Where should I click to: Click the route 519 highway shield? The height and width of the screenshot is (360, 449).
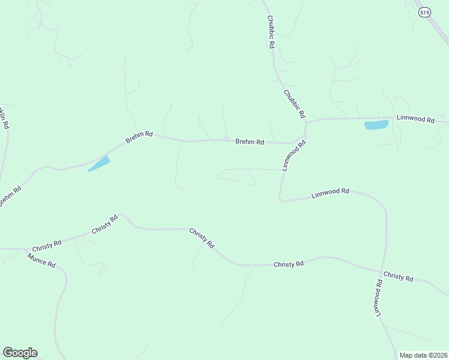424,11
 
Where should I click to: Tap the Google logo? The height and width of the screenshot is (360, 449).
20,353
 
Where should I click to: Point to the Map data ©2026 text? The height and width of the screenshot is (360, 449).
423,355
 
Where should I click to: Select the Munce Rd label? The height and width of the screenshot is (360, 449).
41,260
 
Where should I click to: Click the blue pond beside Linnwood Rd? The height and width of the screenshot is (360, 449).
376,125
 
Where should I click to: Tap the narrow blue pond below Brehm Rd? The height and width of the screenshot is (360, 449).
100,163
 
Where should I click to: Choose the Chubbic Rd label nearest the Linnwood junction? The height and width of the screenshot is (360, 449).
295,103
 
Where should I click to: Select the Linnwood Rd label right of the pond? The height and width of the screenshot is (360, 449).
415,119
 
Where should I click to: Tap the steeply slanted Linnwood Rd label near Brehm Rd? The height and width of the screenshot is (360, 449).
294,155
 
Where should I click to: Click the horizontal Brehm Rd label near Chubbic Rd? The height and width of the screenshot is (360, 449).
250,142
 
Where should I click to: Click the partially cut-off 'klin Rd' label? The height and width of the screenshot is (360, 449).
4,118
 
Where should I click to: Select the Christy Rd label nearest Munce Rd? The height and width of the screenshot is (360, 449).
47,246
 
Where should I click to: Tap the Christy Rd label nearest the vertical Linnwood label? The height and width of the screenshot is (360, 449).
398,277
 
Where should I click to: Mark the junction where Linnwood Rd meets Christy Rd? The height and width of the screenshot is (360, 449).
382,271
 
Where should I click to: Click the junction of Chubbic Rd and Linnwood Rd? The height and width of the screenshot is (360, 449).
306,122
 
